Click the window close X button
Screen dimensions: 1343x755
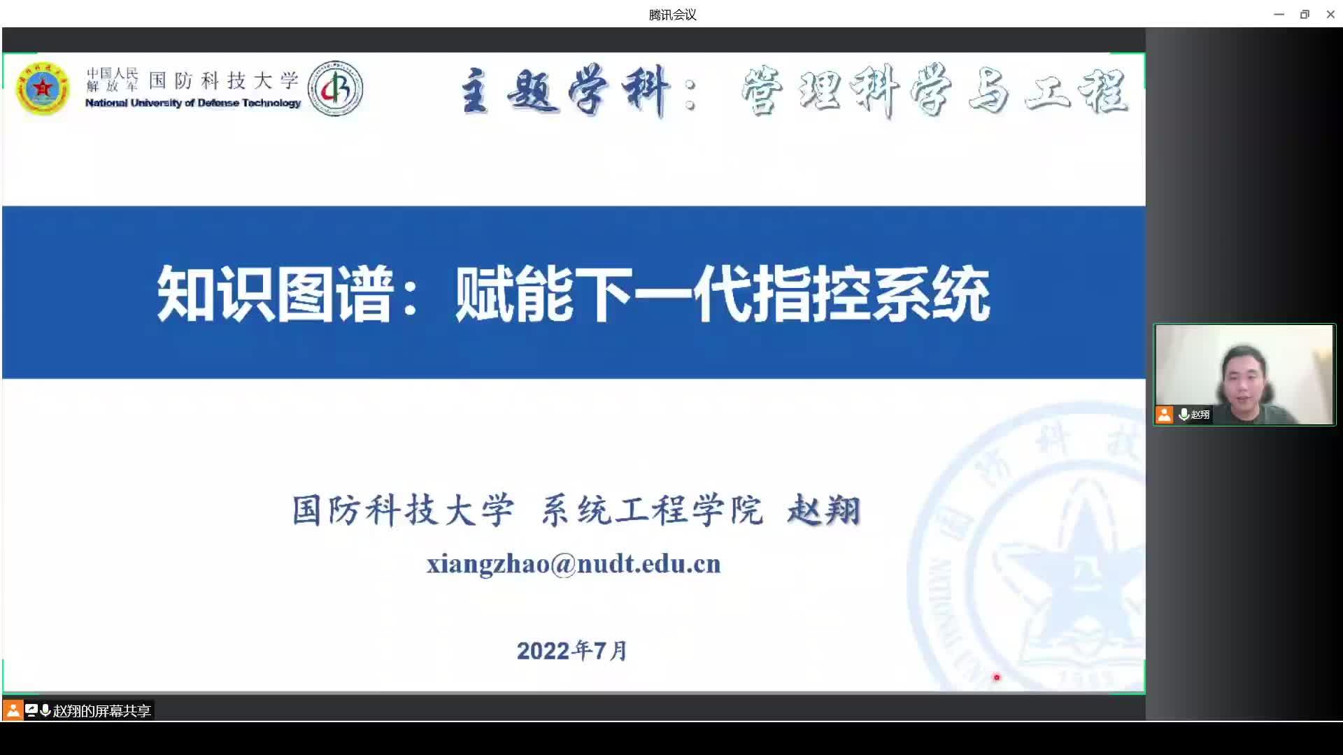[1330, 14]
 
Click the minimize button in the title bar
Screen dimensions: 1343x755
[1279, 14]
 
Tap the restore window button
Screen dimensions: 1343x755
[1305, 14]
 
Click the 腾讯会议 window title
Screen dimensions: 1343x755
[672, 15]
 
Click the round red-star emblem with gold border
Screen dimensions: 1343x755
[43, 89]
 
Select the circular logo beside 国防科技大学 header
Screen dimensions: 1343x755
[336, 88]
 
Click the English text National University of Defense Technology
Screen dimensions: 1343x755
[193, 103]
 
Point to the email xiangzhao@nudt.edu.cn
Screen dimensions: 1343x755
[574, 563]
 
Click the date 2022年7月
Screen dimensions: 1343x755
[572, 651]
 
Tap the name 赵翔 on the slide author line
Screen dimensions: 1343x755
[824, 510]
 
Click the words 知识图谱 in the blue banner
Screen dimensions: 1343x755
[273, 294]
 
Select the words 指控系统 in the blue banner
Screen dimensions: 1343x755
[872, 294]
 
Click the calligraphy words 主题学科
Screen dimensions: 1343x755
[565, 91]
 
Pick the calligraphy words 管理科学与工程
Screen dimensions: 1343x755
[935, 91]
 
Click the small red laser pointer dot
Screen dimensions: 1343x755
[997, 677]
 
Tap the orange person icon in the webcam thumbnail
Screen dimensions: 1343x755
[1164, 415]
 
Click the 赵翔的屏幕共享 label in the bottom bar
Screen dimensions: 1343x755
[102, 711]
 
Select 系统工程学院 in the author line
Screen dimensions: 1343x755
[652, 510]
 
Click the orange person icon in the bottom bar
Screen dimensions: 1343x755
[13, 711]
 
